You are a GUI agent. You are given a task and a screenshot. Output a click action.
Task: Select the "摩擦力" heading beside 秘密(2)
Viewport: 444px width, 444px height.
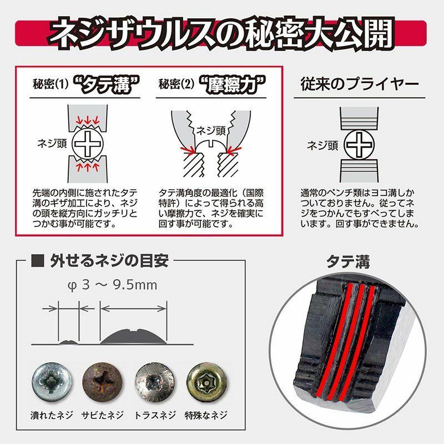(233, 85)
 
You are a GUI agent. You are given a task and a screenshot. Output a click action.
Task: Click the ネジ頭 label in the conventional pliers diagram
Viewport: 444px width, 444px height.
(321, 145)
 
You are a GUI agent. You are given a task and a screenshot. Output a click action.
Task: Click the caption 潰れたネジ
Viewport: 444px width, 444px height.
(52, 415)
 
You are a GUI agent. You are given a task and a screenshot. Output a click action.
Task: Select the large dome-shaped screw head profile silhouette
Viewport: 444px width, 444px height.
(134, 335)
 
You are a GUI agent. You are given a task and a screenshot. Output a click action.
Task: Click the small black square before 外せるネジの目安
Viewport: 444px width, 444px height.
(38, 260)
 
